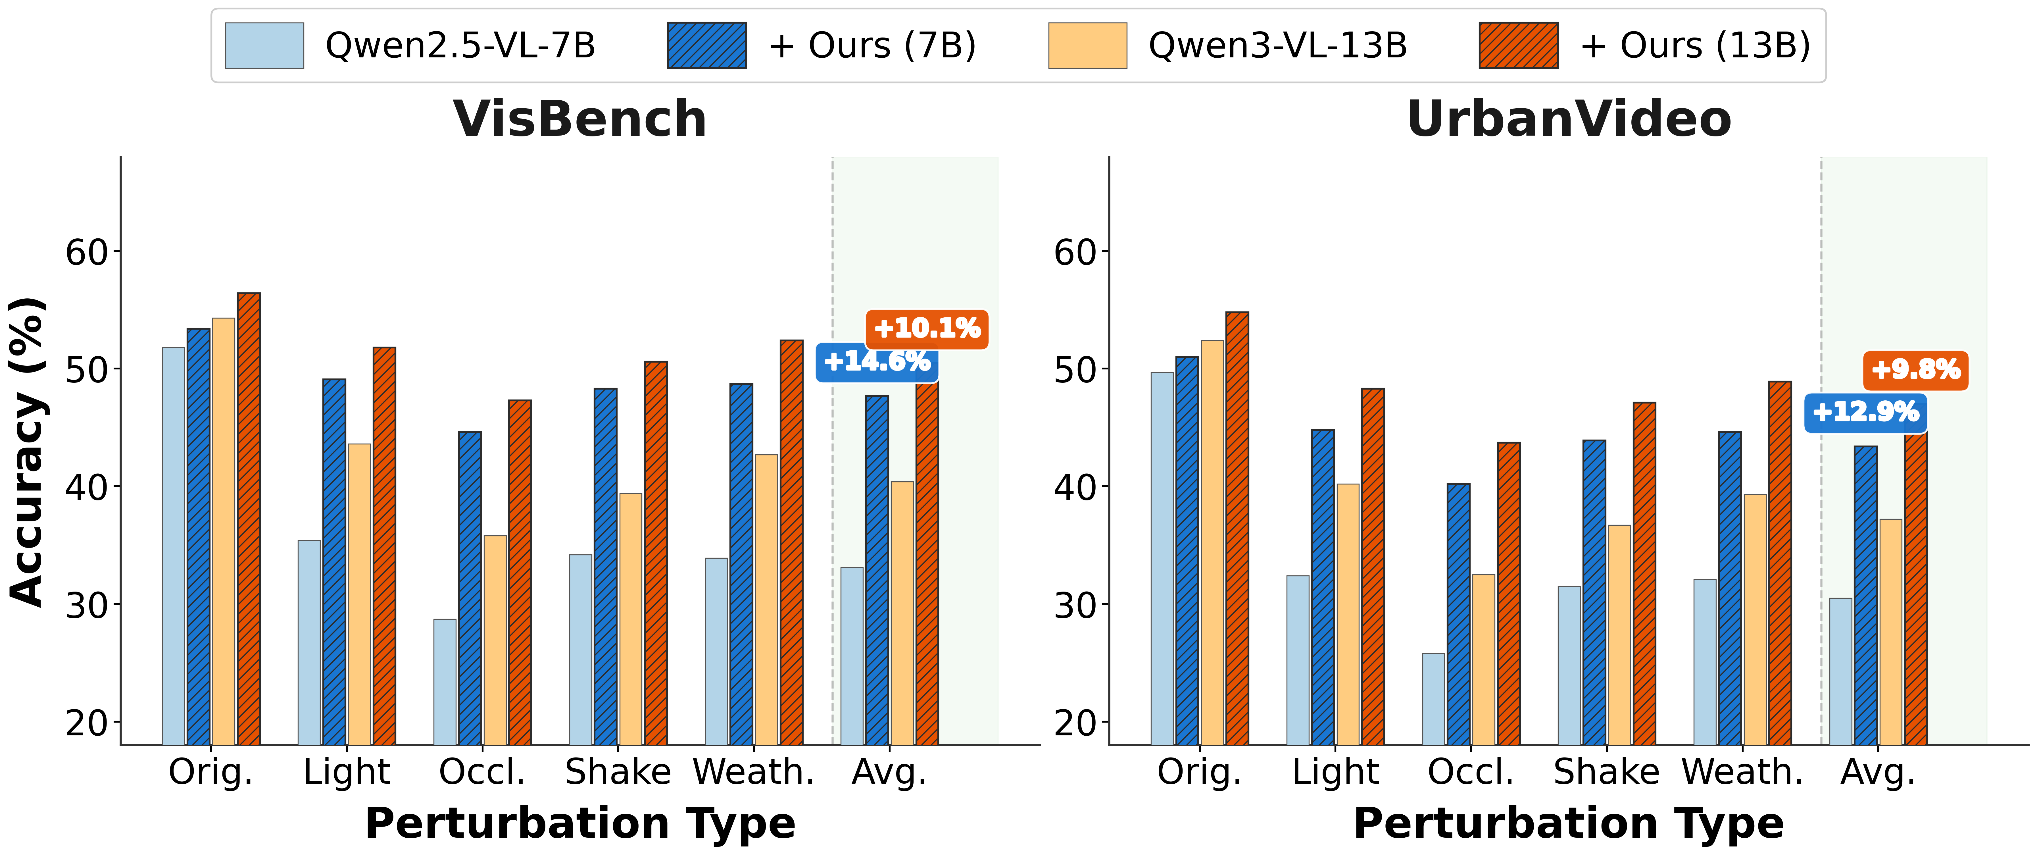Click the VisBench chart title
coord(580,119)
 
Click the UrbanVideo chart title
coord(1569,119)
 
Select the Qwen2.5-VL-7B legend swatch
coord(264,46)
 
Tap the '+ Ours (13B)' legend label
coord(1695,46)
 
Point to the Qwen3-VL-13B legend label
coord(1277,46)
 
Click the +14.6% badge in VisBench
coord(876,362)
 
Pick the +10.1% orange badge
coord(927,328)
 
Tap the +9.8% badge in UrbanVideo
coord(1915,369)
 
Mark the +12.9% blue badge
coord(1865,412)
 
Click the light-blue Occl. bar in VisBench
coord(444,682)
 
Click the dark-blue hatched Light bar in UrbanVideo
coord(1322,587)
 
